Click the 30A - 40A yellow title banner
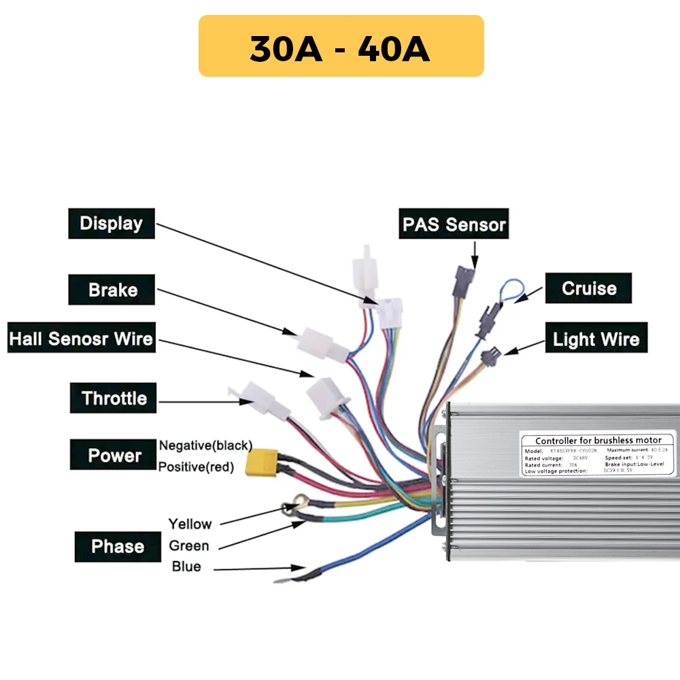pos(341,46)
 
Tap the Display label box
pos(112,224)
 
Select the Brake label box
pos(112,290)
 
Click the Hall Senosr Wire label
pos(81,338)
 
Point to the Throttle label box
pos(114,398)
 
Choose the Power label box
pos(114,455)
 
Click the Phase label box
pos(117,547)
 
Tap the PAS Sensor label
pos(454,224)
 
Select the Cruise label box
pos(588,288)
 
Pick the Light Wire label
pos(596,339)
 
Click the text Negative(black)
pos(205,445)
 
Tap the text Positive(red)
pos(196,467)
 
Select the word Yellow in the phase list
pos(190,524)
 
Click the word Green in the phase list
pos(189,545)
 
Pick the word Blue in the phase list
pos(186,566)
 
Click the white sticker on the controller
pos(598,454)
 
